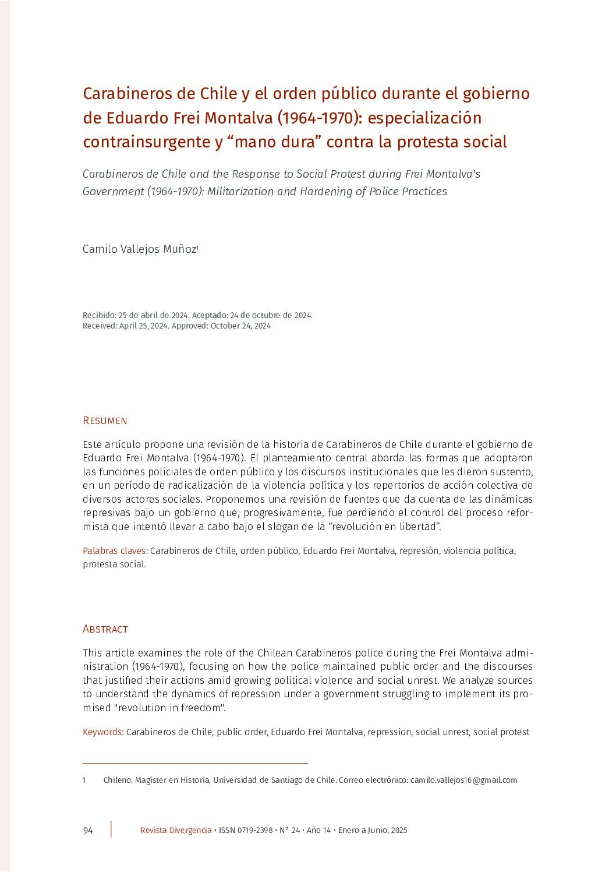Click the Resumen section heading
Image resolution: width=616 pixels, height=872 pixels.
click(x=105, y=421)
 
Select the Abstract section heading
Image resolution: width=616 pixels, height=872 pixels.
click(x=105, y=629)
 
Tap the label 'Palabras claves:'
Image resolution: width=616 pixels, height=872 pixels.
click(x=115, y=550)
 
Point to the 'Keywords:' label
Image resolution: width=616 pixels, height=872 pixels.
click(x=103, y=732)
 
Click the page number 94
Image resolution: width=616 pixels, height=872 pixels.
click(x=88, y=830)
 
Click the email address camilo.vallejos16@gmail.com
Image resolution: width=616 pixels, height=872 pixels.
click(x=463, y=780)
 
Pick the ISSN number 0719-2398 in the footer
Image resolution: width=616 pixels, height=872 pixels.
click(x=254, y=830)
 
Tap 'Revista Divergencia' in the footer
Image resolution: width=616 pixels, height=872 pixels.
click(x=176, y=830)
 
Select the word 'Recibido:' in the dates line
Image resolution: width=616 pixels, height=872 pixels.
click(x=100, y=315)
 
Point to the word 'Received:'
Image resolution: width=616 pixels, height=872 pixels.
click(x=100, y=326)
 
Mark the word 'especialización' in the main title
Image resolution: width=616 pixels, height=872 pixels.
click(x=425, y=118)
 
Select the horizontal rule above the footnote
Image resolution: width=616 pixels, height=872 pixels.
click(x=195, y=763)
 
